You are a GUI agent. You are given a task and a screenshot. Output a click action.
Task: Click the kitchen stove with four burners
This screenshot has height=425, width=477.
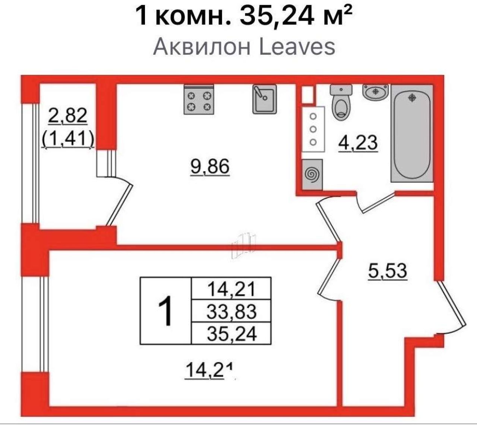[199, 100]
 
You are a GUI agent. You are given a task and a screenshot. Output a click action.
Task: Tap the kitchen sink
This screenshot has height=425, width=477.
[264, 99]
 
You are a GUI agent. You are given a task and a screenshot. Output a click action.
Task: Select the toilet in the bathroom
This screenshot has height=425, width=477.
[341, 103]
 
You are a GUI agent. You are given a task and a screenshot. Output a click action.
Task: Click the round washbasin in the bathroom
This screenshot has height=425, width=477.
[376, 92]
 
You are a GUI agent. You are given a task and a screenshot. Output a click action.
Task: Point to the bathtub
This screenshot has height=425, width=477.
[412, 133]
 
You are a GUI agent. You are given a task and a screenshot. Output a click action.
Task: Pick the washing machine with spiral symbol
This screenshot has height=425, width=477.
[312, 174]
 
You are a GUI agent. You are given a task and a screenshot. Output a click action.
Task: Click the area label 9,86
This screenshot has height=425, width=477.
[210, 166]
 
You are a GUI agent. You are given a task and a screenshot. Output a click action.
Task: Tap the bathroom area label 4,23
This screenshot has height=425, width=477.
[358, 143]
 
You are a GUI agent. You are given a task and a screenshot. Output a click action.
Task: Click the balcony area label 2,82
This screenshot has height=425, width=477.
[67, 116]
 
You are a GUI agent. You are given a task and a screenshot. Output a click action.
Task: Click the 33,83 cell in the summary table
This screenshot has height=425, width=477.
[231, 311]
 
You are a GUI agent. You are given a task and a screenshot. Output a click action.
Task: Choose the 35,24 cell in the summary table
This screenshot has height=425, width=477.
[231, 334]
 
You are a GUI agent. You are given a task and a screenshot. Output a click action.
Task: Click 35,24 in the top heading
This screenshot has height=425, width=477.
[277, 16]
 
